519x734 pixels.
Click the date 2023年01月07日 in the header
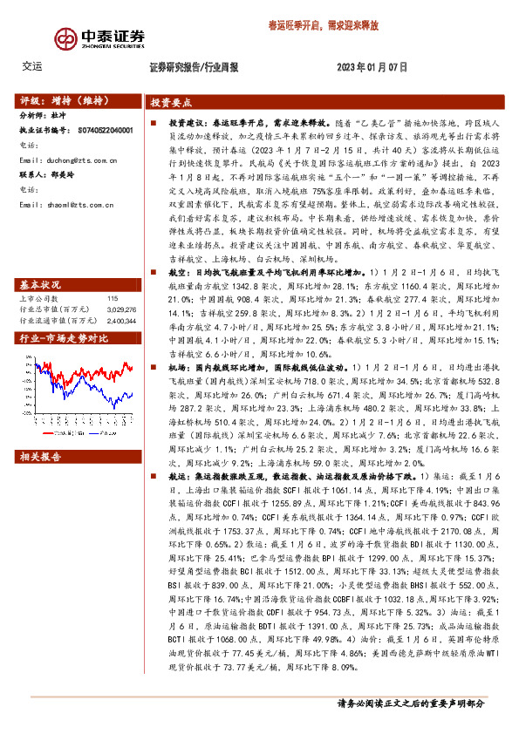pos(372,67)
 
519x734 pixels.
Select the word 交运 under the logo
pos(31,66)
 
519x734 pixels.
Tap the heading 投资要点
pos(171,101)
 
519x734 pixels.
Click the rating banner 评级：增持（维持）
pos(61,100)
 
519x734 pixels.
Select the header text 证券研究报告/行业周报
pos(194,67)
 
